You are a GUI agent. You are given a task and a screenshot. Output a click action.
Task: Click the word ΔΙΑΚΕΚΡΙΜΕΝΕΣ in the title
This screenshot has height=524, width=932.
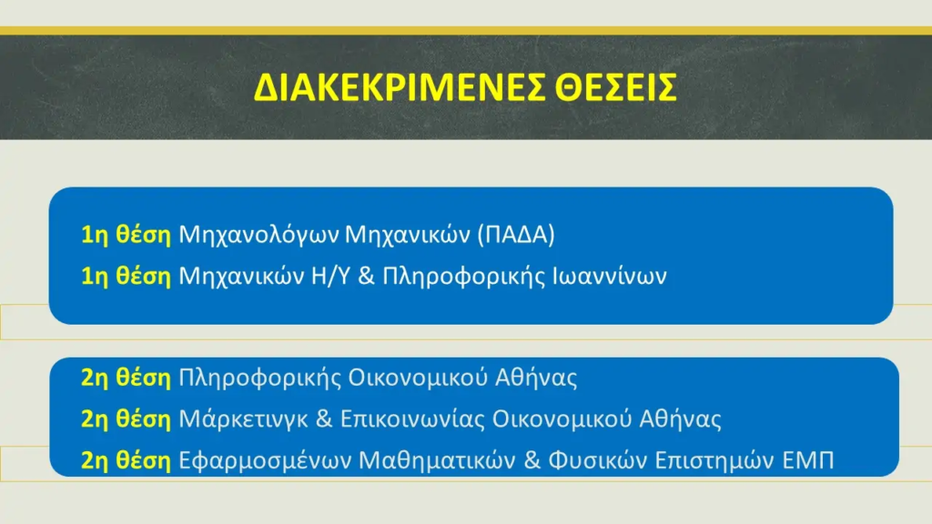(x=399, y=87)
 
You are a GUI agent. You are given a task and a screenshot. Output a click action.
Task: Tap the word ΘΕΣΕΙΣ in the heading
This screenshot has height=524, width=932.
(x=616, y=87)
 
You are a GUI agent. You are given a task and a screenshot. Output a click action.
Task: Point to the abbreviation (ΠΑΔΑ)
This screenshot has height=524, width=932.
(x=517, y=235)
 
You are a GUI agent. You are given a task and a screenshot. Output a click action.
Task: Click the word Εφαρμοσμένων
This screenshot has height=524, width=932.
(x=265, y=461)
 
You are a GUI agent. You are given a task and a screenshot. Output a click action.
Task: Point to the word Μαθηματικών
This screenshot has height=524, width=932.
(x=438, y=460)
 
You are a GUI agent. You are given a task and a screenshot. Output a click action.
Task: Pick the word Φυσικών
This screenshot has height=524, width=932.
(x=598, y=461)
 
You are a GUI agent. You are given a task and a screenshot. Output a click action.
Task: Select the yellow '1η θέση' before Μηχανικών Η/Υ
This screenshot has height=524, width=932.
(x=126, y=277)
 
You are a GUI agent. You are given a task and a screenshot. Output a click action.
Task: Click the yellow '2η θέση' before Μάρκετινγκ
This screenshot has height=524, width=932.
(x=126, y=419)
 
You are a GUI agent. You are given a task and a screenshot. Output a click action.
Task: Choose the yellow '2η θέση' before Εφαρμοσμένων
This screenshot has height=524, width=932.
(x=126, y=461)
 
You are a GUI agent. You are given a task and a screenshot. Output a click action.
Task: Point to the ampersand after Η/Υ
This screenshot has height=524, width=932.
(x=366, y=277)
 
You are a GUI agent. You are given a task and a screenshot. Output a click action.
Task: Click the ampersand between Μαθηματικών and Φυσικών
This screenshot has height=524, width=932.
(x=532, y=460)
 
